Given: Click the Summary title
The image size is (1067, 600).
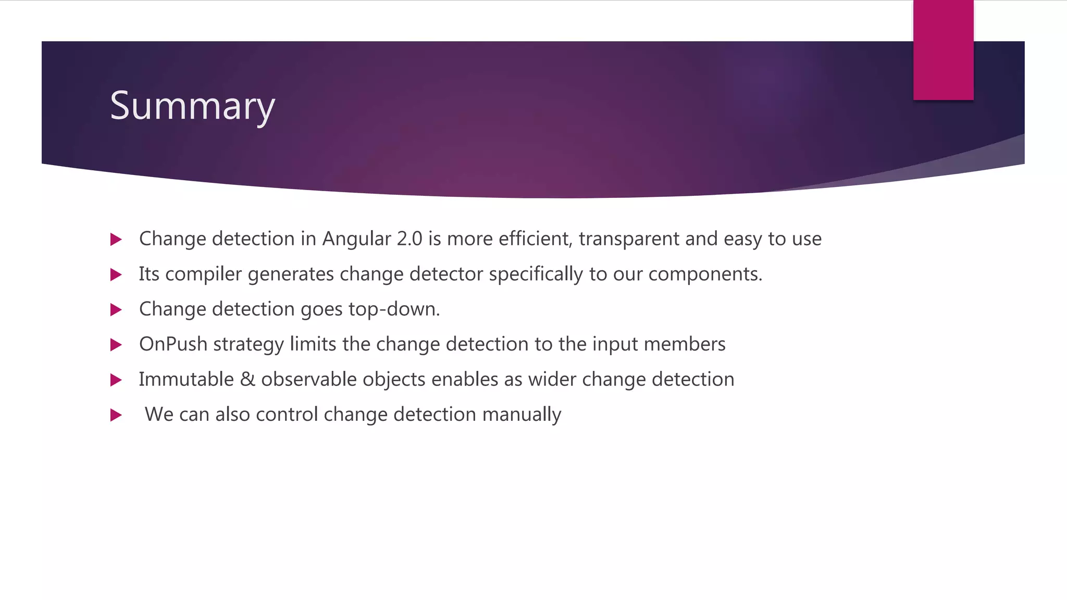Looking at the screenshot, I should [192, 106].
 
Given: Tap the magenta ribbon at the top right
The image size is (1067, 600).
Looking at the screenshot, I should [943, 50].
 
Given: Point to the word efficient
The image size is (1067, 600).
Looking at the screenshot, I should [535, 239].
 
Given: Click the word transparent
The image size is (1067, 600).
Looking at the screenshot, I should [629, 239].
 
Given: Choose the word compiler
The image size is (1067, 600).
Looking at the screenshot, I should [203, 274].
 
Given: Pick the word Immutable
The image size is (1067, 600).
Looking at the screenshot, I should [186, 380].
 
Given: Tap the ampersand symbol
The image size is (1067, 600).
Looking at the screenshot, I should [247, 380].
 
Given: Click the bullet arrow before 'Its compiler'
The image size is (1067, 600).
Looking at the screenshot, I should [116, 274].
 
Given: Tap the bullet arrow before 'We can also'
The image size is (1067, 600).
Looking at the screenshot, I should [116, 415].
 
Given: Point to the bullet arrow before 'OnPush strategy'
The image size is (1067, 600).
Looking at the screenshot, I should [116, 345].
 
